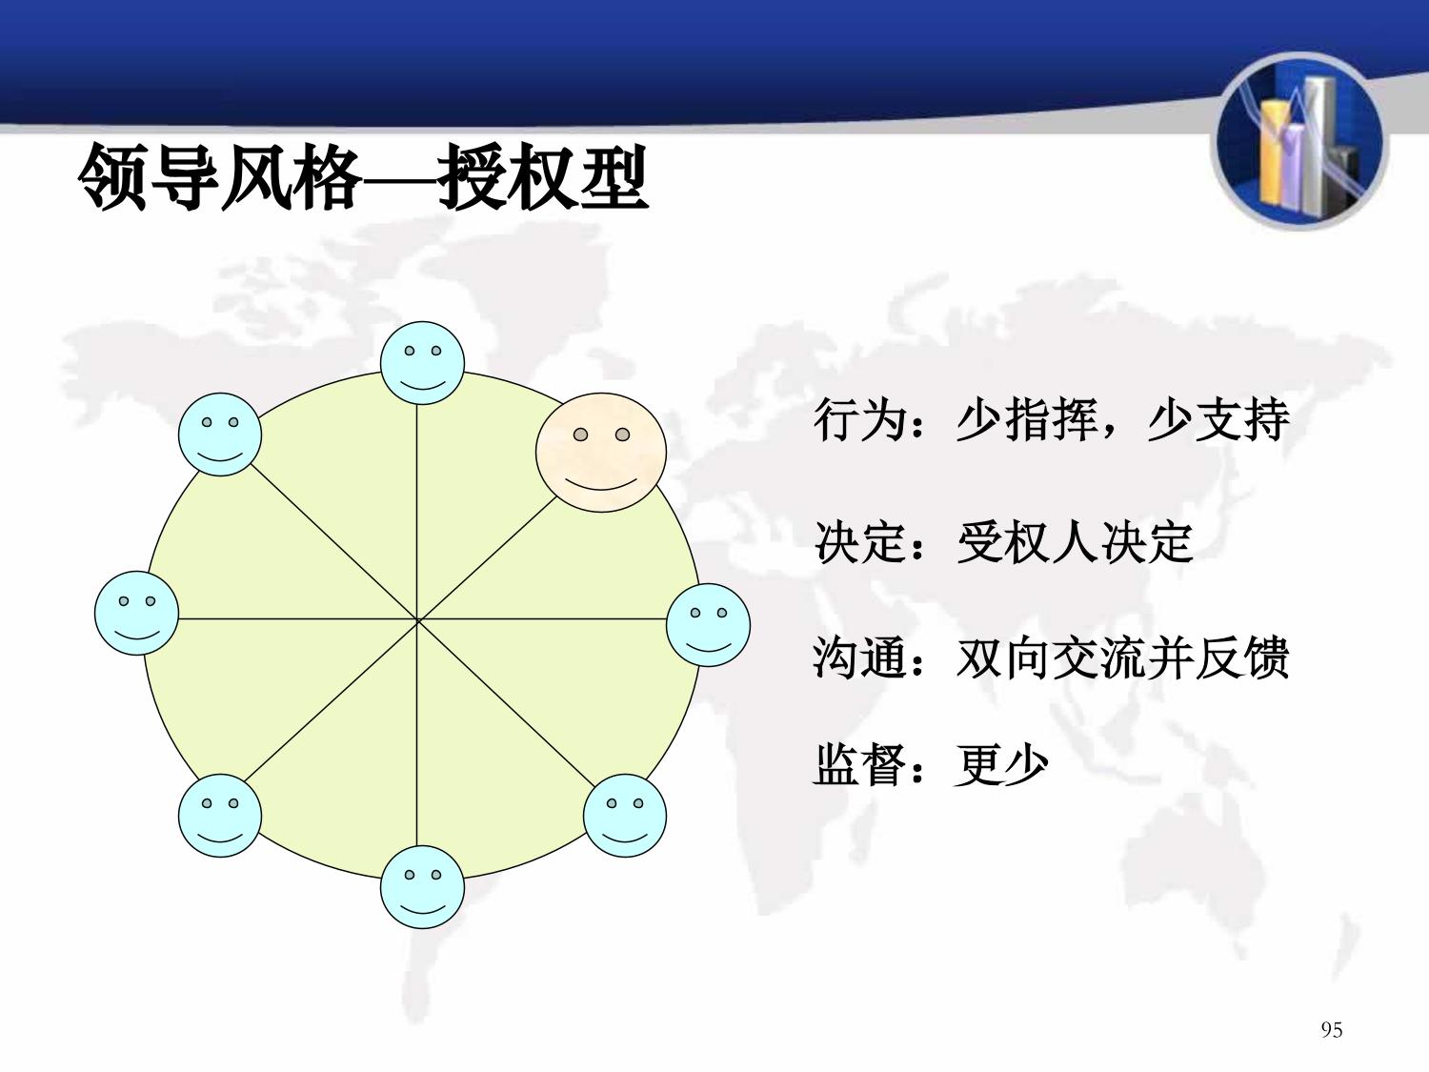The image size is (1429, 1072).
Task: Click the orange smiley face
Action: click(601, 453)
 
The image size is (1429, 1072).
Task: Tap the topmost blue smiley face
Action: click(422, 362)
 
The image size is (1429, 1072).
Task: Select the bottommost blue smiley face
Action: click(422, 887)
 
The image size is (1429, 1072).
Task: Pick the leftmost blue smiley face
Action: click(137, 613)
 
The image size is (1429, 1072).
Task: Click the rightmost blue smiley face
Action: click(709, 625)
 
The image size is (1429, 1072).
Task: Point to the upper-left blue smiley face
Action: click(220, 435)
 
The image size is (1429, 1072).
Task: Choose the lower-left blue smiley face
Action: click(220, 816)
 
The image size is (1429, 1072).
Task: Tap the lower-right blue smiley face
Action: click(625, 816)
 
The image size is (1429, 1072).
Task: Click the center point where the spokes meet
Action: click(417, 619)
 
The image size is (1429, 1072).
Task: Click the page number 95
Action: click(1331, 1030)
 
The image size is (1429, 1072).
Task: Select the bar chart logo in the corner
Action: click(1299, 141)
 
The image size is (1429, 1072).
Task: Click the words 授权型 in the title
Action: click(543, 177)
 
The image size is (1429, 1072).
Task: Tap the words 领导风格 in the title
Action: click(219, 177)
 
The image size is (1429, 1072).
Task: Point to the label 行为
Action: click(859, 420)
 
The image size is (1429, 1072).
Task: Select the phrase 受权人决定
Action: click(1075, 541)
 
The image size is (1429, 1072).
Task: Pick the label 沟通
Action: click(859, 657)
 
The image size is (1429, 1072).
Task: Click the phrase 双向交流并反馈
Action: click(1122, 657)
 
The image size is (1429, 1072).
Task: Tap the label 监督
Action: click(859, 765)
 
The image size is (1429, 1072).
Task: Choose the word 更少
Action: click(1001, 765)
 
